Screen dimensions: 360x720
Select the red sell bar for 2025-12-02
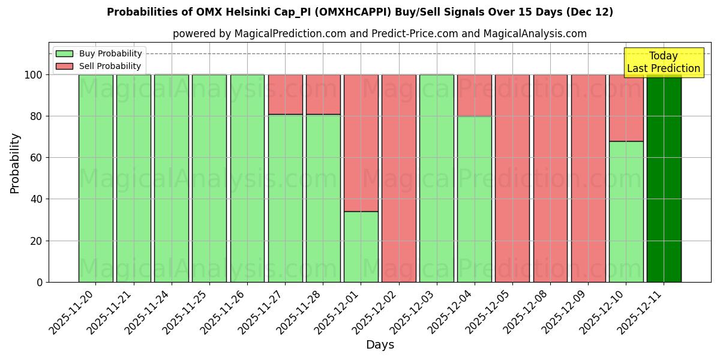pos(398,178)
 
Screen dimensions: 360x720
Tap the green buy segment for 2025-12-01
pos(361,247)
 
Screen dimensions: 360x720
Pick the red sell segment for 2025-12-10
pos(626,108)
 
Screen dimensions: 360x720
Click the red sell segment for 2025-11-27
pos(285,94)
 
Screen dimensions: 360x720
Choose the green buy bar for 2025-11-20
pos(95,178)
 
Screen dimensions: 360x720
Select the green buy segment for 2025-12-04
pos(474,199)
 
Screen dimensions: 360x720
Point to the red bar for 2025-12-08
pos(550,178)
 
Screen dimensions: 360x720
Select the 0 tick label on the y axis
pos(40,282)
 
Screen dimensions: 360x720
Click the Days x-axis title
pos(380,345)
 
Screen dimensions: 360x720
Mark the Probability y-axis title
pos(15,163)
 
